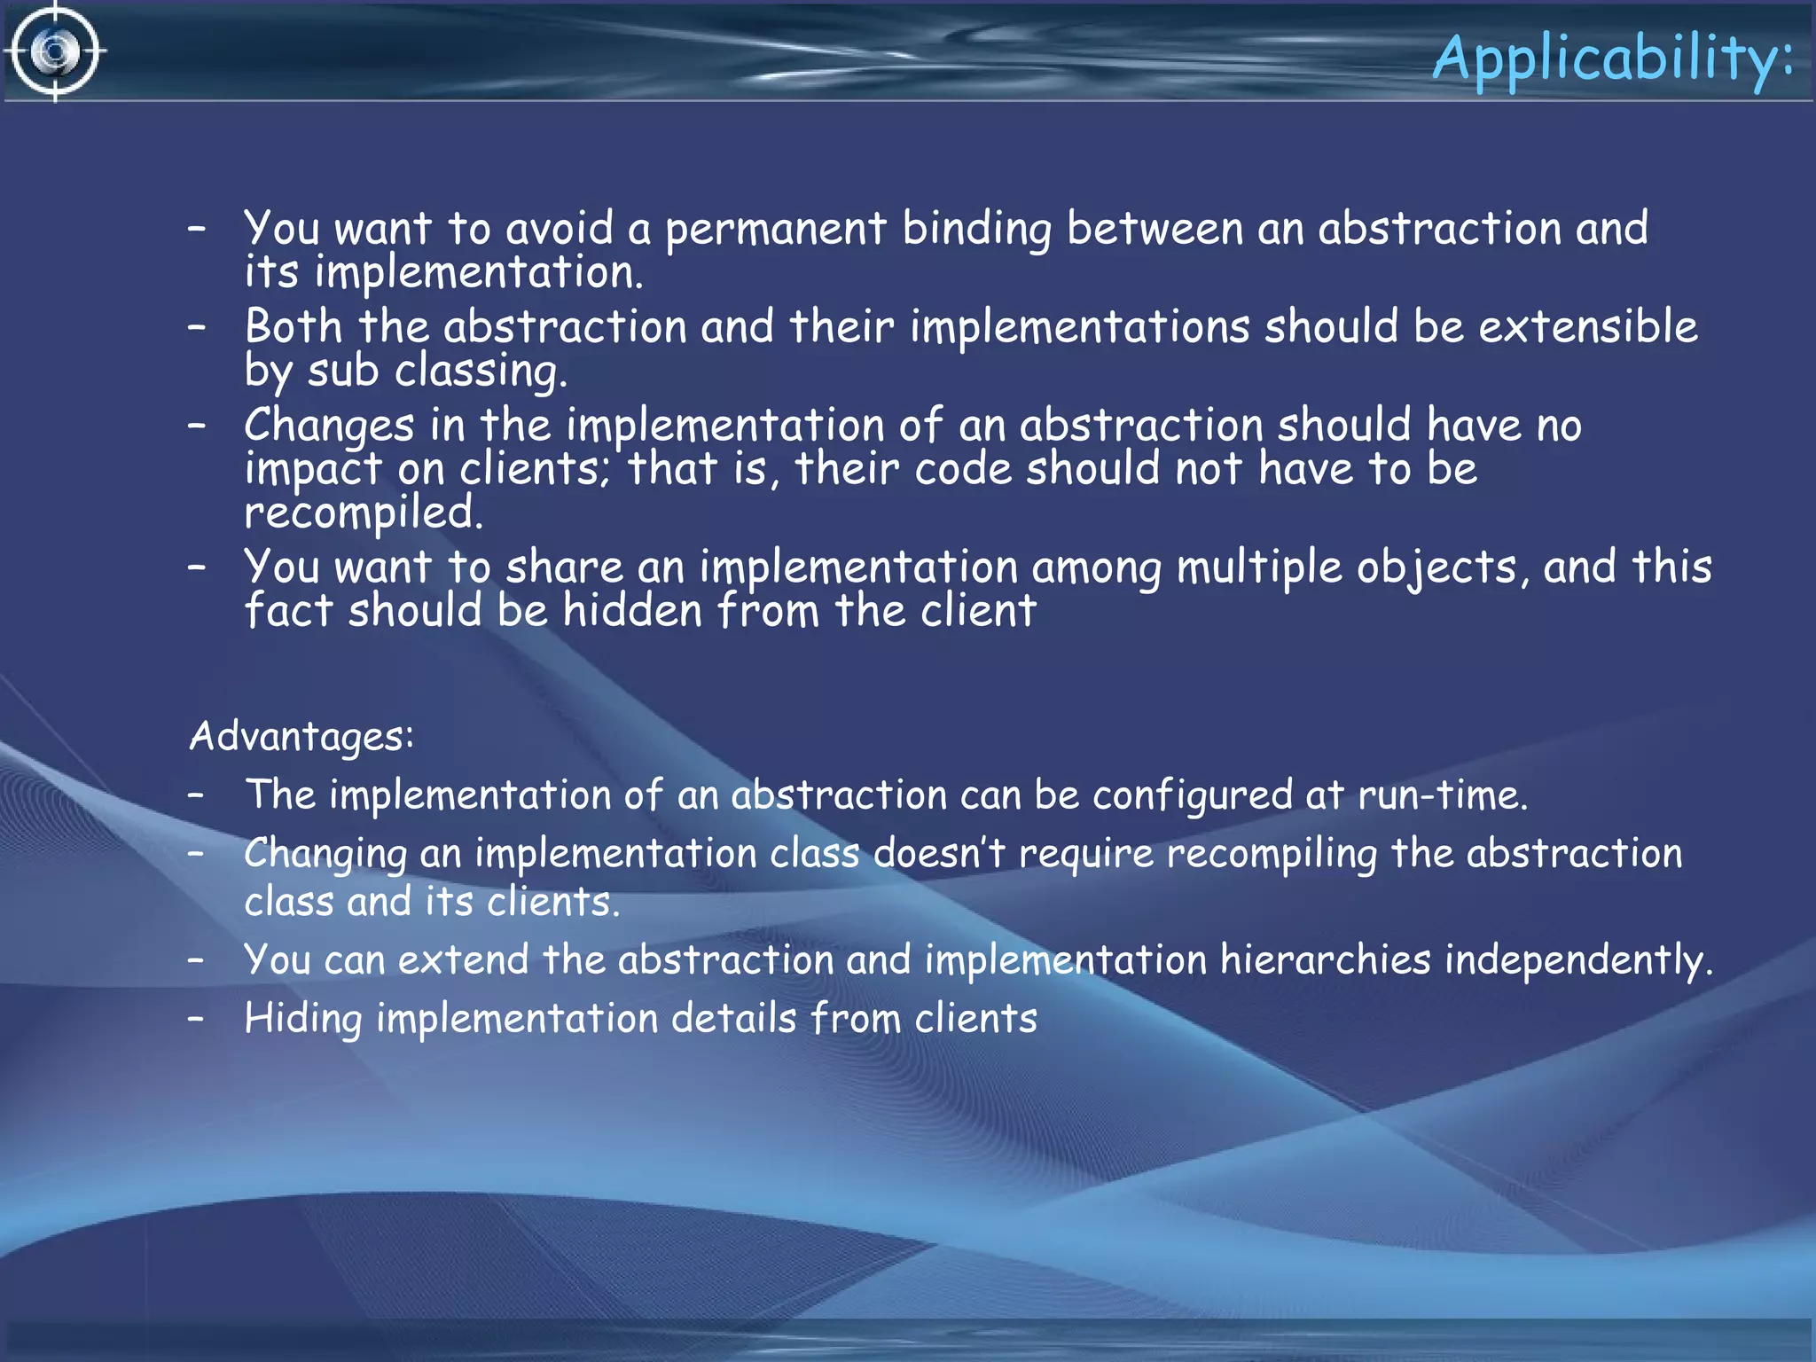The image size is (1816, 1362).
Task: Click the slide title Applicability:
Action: (1612, 59)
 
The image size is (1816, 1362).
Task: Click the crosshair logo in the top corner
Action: (55, 51)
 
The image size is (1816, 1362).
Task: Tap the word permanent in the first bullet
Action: (775, 229)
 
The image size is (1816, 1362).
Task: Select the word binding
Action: (976, 229)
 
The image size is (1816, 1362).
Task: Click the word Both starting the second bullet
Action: (294, 326)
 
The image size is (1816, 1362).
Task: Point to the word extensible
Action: (1587, 326)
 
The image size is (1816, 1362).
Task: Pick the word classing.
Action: (481, 371)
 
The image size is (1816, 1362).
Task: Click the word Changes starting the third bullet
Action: (329, 426)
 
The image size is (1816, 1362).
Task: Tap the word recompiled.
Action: (364, 513)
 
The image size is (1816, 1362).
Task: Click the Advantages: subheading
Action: (301, 736)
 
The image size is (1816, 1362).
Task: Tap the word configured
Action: (1193, 795)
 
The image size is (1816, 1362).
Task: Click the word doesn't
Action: (939, 854)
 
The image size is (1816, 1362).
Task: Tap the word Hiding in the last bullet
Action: (302, 1019)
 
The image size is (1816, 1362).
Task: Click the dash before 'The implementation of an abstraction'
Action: (197, 795)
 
